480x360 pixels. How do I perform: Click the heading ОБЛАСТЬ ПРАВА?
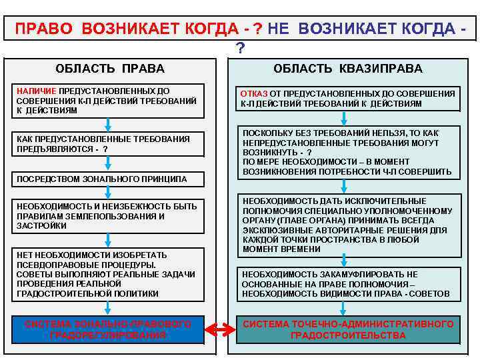tap(110, 69)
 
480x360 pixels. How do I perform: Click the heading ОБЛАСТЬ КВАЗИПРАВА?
tap(347, 69)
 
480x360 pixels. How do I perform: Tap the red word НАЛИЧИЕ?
tap(37, 91)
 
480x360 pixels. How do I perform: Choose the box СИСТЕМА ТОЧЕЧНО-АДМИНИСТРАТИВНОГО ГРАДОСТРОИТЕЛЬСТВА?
tap(347, 329)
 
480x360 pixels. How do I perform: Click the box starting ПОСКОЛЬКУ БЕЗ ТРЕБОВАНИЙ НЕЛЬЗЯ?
tap(347, 152)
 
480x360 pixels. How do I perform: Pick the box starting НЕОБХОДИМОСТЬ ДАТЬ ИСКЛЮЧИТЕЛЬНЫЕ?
tap(347, 225)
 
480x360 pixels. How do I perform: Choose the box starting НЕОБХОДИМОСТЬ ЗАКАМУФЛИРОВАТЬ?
tap(347, 284)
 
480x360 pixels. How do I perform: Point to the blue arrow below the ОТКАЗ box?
tap(343, 118)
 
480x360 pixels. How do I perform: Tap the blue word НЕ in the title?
tap(281, 29)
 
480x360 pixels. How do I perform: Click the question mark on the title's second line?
tap(240, 48)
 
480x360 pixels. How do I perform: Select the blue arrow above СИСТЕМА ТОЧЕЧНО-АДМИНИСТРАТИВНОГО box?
tap(343, 308)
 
